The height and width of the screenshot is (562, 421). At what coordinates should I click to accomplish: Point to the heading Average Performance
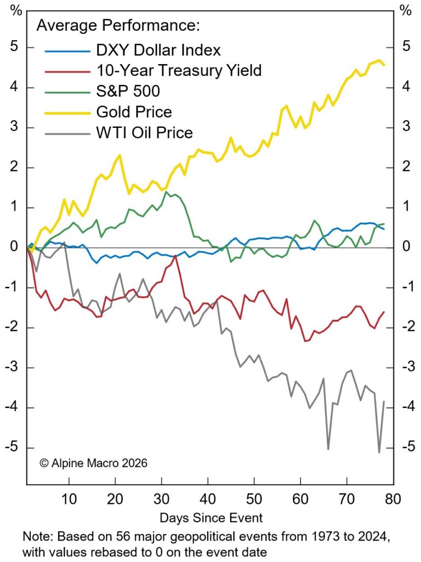point(118,26)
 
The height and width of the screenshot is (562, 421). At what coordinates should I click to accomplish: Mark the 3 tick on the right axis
point(405,127)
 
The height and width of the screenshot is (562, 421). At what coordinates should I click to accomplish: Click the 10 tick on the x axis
point(69,499)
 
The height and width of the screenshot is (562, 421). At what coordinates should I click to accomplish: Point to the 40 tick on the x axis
point(208,499)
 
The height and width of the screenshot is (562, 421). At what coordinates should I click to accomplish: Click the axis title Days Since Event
point(211,517)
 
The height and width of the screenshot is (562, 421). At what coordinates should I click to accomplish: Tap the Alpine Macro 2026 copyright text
point(93,463)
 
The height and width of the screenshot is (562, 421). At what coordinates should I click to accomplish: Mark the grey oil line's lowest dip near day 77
point(379,452)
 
